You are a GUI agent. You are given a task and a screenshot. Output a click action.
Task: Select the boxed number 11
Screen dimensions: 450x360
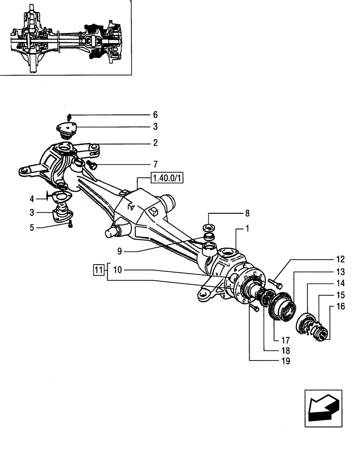click(x=98, y=270)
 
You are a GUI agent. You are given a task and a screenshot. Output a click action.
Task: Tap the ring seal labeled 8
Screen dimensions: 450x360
click(x=209, y=226)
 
